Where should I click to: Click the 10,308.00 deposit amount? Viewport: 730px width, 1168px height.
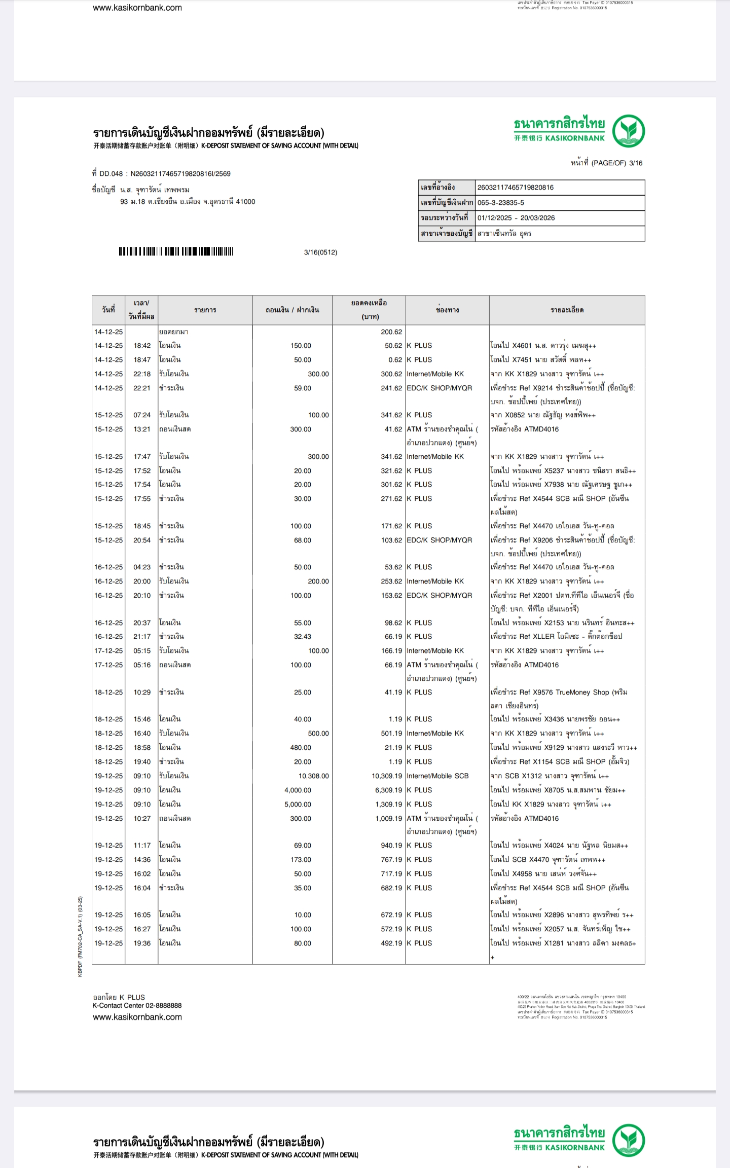point(313,776)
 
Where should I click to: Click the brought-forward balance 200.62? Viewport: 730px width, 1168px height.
point(391,332)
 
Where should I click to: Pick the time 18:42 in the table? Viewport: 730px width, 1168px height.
point(142,346)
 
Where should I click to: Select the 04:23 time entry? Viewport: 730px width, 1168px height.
point(142,567)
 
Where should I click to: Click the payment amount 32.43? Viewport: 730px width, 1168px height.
point(303,636)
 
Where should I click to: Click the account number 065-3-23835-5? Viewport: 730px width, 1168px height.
point(501,203)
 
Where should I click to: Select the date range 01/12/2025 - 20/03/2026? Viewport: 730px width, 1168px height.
point(516,218)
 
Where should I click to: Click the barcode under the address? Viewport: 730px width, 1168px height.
point(176,251)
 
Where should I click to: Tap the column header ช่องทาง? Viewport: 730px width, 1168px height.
point(447,310)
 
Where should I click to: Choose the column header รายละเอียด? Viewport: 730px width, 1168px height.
point(567,310)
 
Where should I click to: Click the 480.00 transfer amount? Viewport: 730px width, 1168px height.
point(301,747)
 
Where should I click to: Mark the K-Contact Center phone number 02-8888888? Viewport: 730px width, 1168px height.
point(163,1005)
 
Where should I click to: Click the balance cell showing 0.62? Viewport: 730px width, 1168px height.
point(395,360)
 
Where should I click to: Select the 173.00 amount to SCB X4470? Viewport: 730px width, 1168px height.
point(301,859)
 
